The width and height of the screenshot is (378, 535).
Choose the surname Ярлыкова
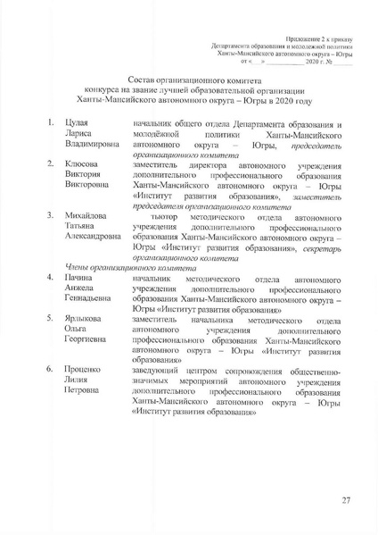[x=85, y=319]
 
